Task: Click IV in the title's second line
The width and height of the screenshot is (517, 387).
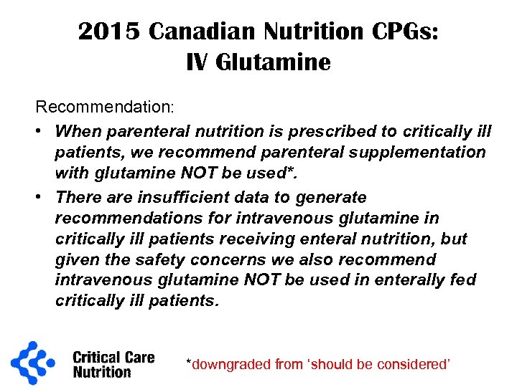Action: pos(196,63)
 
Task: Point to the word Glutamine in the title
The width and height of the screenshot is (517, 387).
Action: pos(274,63)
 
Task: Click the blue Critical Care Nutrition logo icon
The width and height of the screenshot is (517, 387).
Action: pos(33,363)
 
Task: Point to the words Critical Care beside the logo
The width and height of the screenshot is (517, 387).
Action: pos(113,356)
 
